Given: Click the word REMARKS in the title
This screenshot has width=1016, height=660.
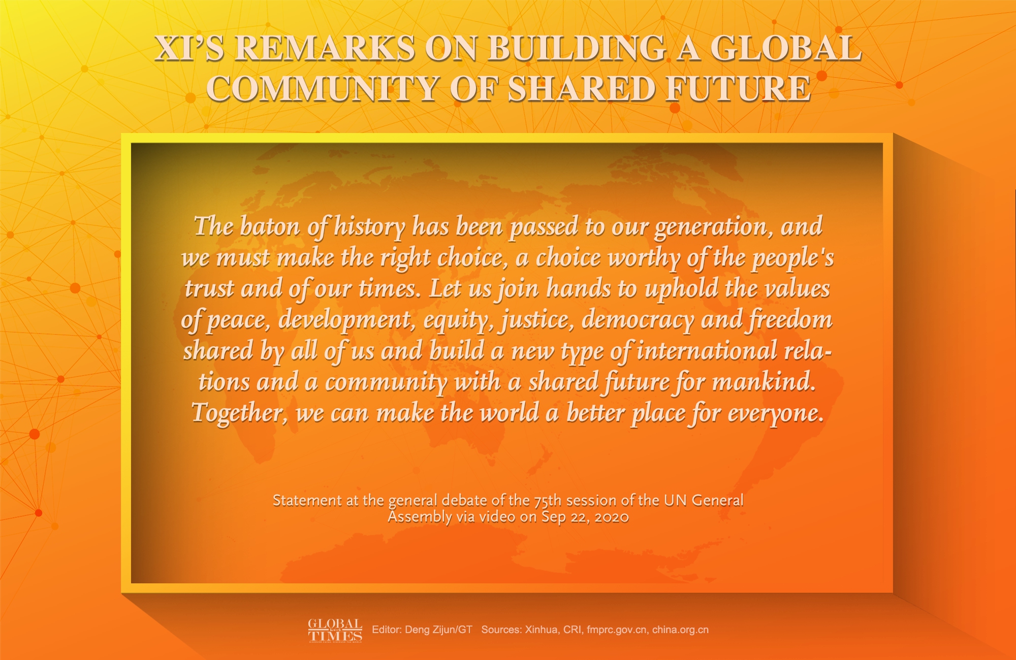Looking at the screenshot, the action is (325, 49).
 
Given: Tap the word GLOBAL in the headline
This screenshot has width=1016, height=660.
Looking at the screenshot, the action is (785, 49).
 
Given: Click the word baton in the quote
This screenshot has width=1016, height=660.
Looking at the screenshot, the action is (270, 226).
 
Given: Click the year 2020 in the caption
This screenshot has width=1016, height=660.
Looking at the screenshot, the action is (612, 517).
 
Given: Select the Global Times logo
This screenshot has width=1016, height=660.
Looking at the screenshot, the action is (335, 630).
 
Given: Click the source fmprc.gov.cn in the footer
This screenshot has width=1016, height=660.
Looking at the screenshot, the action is (617, 630).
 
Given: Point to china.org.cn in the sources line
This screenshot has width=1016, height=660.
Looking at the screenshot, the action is (680, 630).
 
